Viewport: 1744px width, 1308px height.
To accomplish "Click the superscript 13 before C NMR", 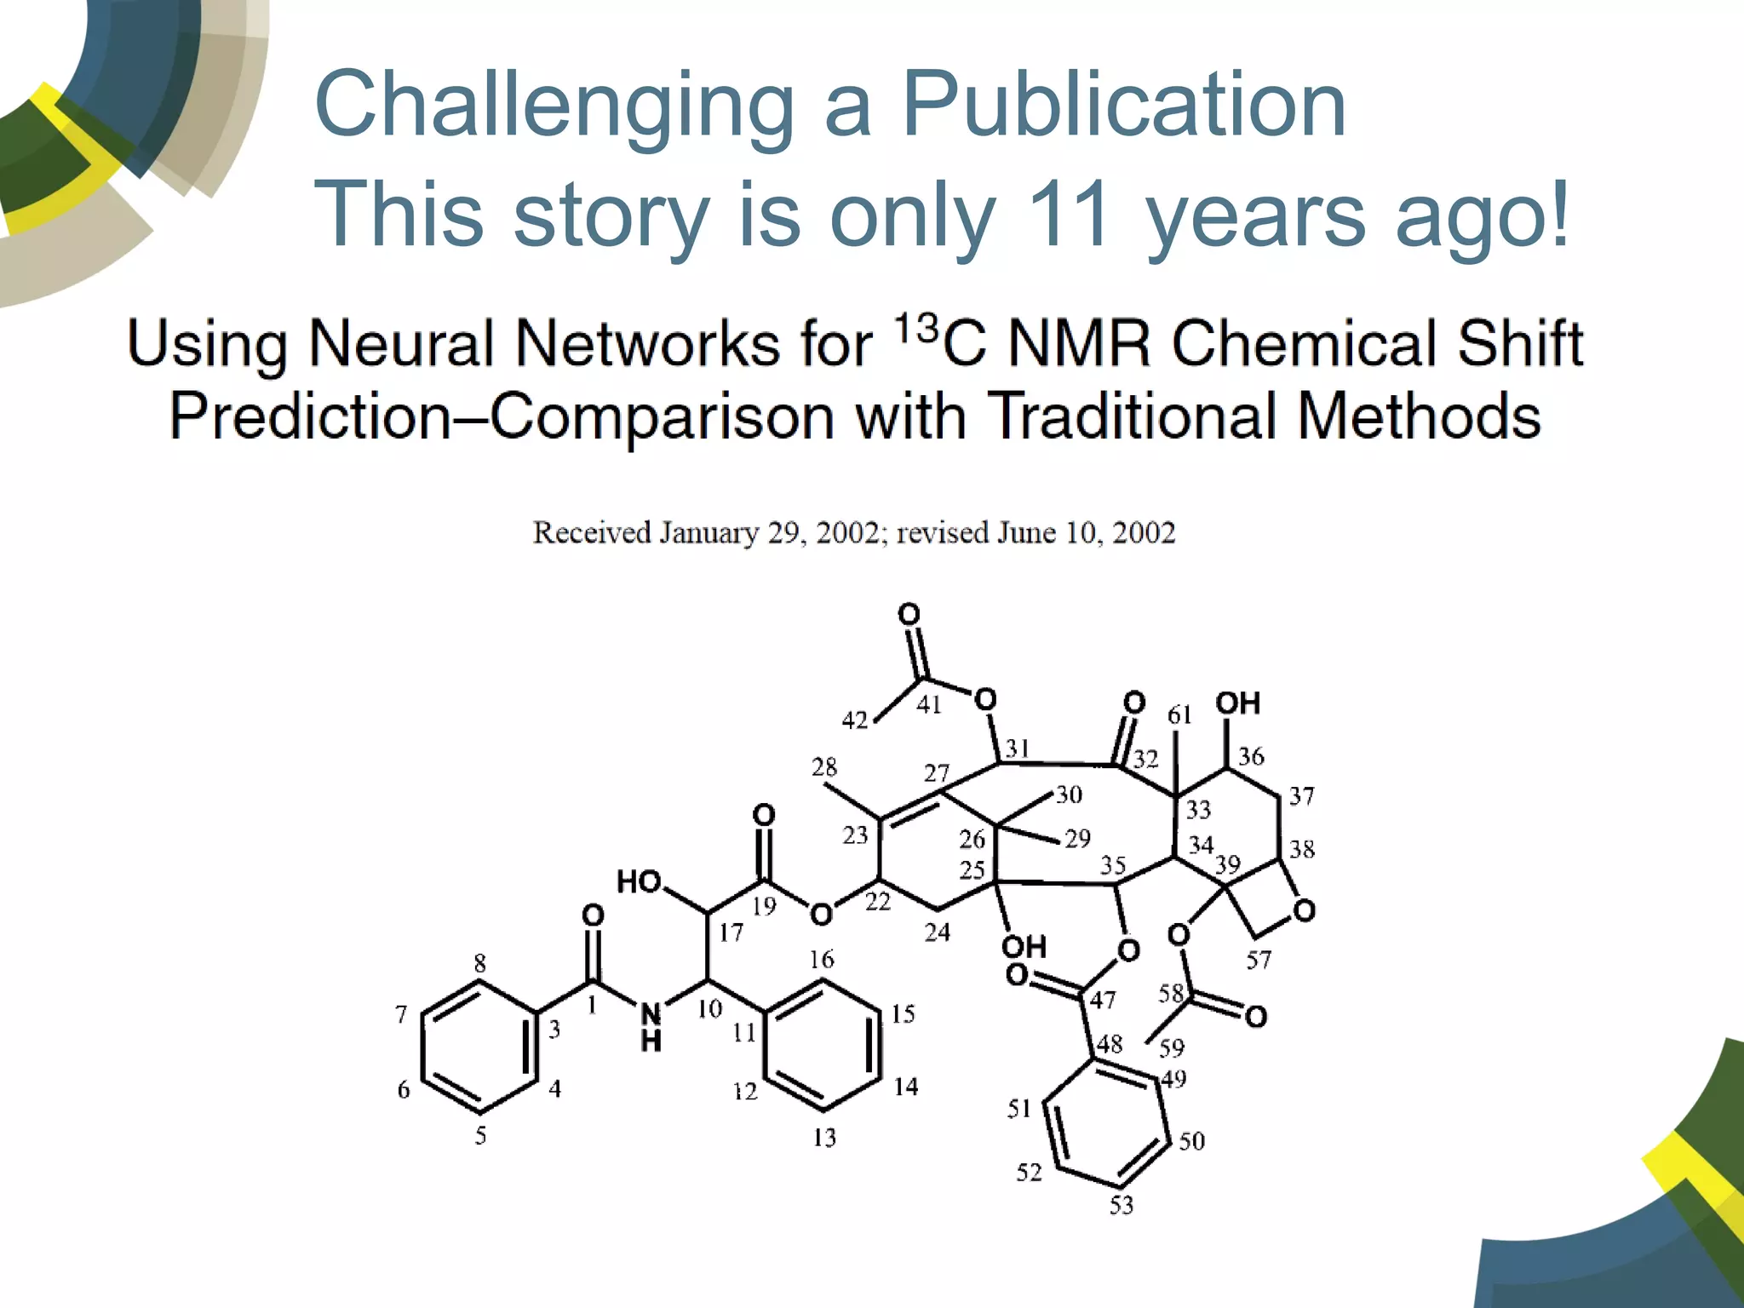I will (x=916, y=327).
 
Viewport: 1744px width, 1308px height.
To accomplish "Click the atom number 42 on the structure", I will (x=855, y=720).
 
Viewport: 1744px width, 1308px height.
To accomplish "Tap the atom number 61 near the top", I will (x=1179, y=715).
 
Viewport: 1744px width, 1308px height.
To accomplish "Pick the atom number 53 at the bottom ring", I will (x=1122, y=1205).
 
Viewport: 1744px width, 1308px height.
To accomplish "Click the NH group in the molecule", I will (x=651, y=1026).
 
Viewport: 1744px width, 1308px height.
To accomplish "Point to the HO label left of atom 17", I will (x=639, y=881).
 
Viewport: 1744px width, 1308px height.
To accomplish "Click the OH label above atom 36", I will (x=1237, y=703).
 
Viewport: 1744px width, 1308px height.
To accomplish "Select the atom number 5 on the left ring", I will (x=481, y=1135).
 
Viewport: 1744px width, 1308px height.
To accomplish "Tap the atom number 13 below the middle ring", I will (x=824, y=1138).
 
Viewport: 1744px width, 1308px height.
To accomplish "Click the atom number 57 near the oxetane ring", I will (x=1259, y=961).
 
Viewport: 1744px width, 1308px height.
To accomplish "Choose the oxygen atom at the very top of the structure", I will (x=909, y=614).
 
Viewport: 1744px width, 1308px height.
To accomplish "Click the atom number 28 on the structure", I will (x=824, y=767).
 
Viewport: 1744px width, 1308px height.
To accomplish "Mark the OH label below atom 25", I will (x=1023, y=946).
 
